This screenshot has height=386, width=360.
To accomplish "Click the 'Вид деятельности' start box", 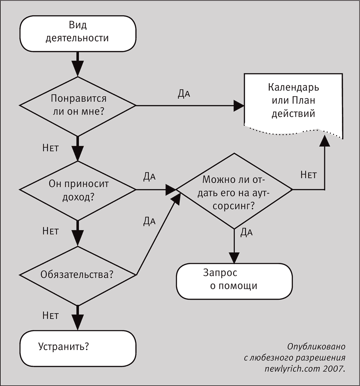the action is pyautogui.click(x=78, y=33).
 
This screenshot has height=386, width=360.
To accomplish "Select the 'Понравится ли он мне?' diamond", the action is pyautogui.click(x=78, y=106).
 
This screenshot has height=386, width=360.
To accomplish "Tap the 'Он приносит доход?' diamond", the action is pyautogui.click(x=78, y=190).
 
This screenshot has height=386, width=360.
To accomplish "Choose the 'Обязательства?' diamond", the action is pyautogui.click(x=78, y=275).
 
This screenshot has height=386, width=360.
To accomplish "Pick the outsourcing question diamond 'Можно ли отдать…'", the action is pyautogui.click(x=234, y=191).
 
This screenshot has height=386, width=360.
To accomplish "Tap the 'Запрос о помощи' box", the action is pyautogui.click(x=234, y=281).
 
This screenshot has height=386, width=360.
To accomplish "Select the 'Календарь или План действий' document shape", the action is pyautogui.click(x=293, y=105).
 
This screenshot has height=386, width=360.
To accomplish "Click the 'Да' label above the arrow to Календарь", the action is pyautogui.click(x=184, y=94).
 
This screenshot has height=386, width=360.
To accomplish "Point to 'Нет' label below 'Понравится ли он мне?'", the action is pyautogui.click(x=50, y=148).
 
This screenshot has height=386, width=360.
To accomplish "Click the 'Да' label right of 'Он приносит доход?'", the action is pyautogui.click(x=149, y=177).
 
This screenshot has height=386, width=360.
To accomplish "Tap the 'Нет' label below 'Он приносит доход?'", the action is pyautogui.click(x=50, y=231).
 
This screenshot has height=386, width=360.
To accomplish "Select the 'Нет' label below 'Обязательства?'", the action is pyautogui.click(x=50, y=315).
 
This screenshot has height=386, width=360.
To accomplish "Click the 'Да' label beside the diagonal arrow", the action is pyautogui.click(x=149, y=221).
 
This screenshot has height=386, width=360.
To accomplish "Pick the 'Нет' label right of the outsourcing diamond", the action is pyautogui.click(x=309, y=175).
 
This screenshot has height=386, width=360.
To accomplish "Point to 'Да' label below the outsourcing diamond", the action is pyautogui.click(x=246, y=232).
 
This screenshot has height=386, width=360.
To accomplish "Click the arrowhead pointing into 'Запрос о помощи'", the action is pyautogui.click(x=234, y=258).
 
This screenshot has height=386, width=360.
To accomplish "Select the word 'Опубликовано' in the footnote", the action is pyautogui.click(x=316, y=347).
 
